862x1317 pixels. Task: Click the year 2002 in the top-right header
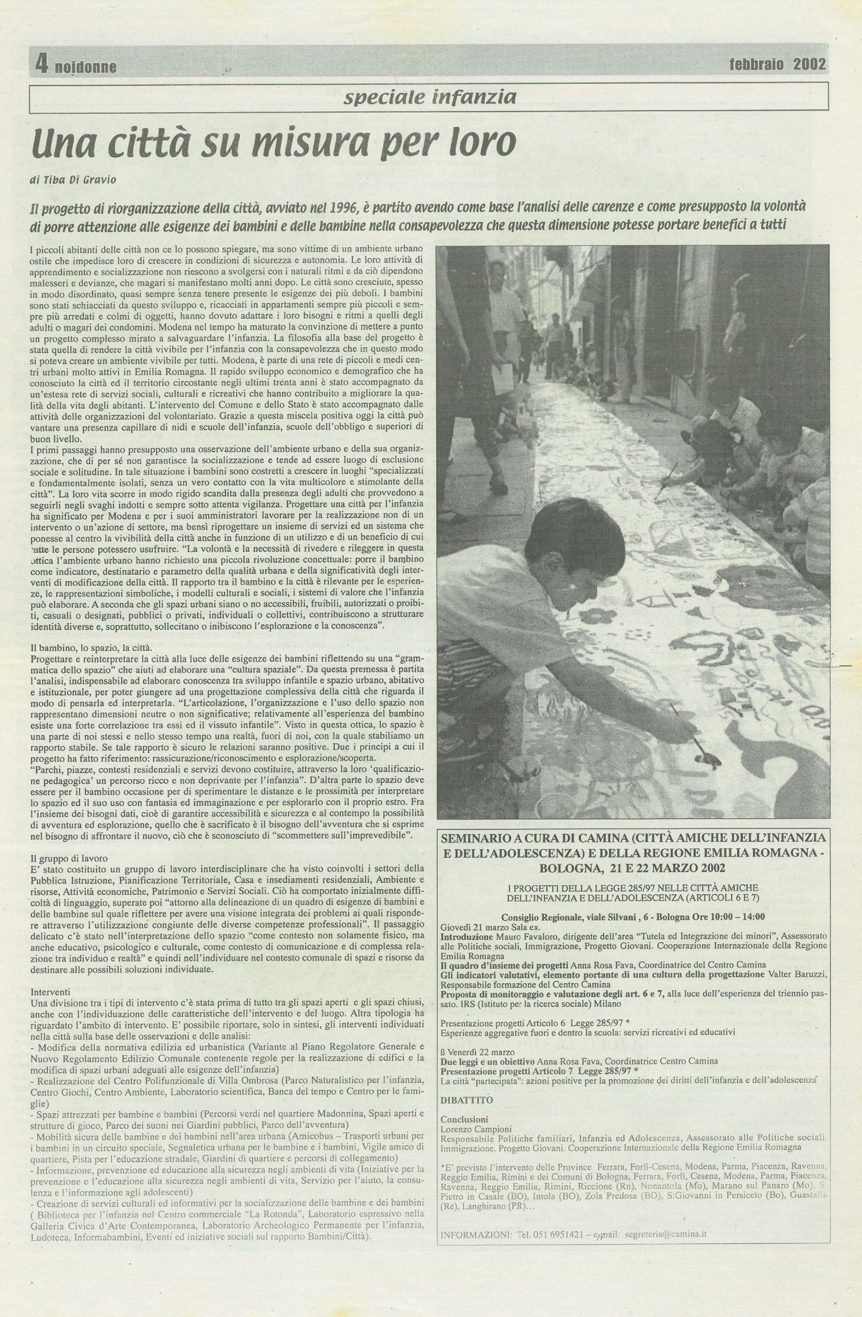pyautogui.click(x=810, y=64)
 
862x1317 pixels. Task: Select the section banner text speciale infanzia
pyautogui.click(x=430, y=98)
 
